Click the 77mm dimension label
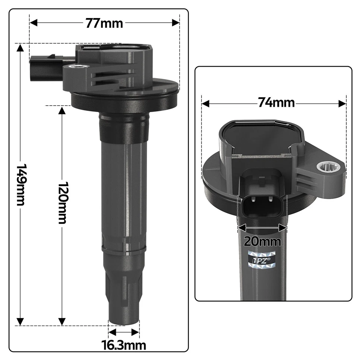click(x=104, y=23)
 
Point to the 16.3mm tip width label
click(x=124, y=344)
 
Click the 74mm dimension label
click(x=276, y=102)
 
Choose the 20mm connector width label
click(x=262, y=241)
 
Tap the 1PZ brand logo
click(x=262, y=259)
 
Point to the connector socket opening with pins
click(x=262, y=205)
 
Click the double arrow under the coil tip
click(x=124, y=332)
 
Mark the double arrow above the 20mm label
click(x=262, y=227)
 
